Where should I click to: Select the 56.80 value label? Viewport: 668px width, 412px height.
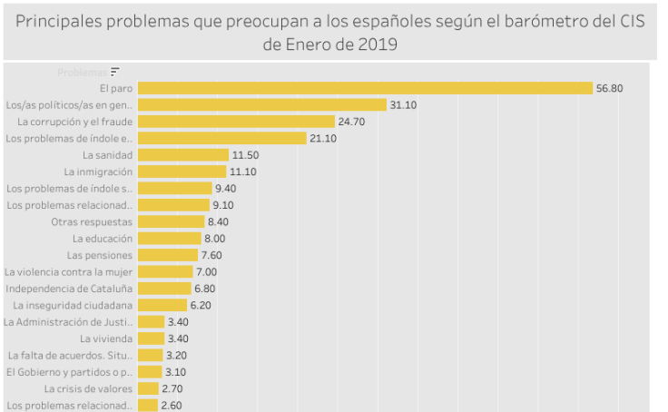609,88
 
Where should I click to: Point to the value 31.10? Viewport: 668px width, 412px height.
403,104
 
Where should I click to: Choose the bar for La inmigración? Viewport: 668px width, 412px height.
182,172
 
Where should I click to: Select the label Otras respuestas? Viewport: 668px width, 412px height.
92,221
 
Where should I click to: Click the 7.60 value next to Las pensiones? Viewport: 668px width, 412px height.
211,255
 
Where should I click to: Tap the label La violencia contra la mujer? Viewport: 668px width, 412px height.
69,271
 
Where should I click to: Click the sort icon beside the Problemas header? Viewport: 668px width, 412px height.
115,71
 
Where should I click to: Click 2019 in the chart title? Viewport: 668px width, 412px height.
379,44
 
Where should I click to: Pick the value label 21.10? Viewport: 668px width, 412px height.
324,138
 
